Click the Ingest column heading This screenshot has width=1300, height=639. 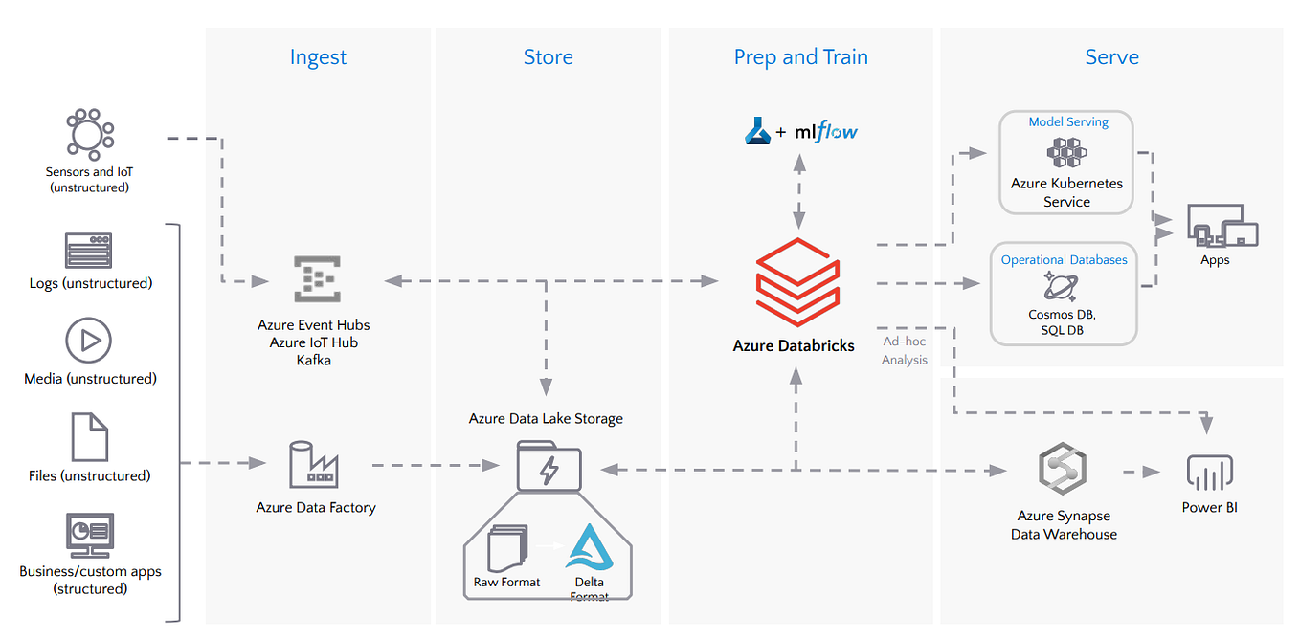318,57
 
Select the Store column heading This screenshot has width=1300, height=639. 548,57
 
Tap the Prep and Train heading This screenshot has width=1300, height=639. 800,57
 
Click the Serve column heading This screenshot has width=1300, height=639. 1111,57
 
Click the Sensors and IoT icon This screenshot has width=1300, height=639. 89,134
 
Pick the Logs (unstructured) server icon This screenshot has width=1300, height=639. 89,251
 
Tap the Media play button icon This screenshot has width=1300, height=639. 89,341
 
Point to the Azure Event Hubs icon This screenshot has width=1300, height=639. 315,279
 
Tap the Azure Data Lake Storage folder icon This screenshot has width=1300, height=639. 549,466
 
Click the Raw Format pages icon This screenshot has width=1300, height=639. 506,549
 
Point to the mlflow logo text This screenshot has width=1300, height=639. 826,131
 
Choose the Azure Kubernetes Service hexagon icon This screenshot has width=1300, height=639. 1066,152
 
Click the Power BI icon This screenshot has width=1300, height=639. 1209,473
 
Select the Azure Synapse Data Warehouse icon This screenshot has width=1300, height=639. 1064,470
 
